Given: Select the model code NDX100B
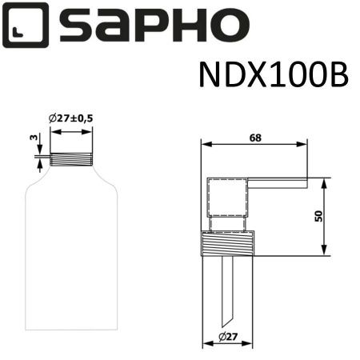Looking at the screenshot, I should tap(272, 77).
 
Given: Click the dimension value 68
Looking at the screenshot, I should tap(255, 138).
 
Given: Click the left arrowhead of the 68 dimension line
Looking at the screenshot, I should tap(204, 146).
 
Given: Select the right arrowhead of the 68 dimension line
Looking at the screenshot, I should tap(306, 146).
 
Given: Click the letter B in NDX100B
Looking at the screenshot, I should tap(337, 77).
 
